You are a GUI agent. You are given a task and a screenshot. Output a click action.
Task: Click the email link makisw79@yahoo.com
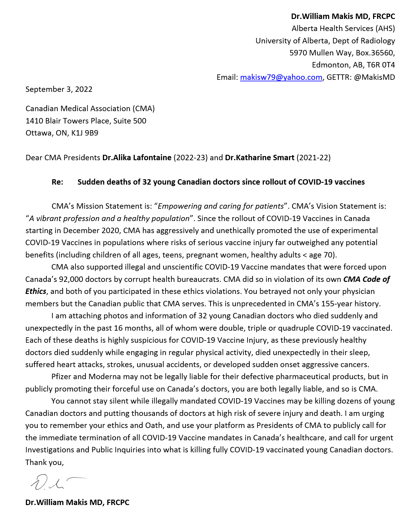281,77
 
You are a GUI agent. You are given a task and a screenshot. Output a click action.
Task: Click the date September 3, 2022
59,89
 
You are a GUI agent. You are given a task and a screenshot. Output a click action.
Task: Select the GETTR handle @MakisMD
374,77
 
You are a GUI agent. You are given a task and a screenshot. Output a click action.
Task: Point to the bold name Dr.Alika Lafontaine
137,158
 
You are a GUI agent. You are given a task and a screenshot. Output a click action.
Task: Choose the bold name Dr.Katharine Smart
260,158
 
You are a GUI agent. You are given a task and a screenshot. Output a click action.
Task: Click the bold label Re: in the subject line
57,182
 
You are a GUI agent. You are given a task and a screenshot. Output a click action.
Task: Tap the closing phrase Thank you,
45,462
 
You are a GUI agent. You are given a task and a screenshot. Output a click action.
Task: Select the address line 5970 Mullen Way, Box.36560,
342,53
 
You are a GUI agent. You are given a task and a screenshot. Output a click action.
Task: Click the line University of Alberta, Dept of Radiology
325,41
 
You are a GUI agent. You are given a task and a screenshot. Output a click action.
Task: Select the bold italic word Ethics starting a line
36,292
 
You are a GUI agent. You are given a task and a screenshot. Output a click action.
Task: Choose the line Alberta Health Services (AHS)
343,29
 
